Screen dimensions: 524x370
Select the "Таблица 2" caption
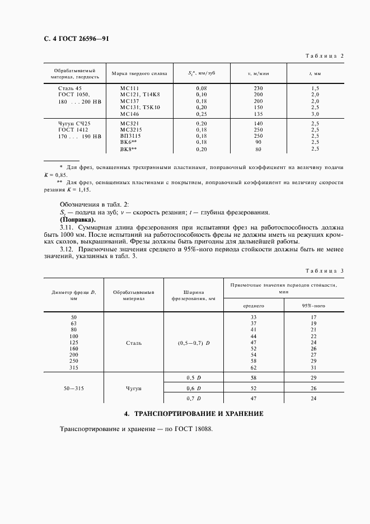coord(324,55)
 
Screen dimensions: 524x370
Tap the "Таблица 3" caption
coord(324,271)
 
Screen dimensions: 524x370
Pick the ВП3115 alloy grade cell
coord(131,136)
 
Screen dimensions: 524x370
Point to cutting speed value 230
coord(258,88)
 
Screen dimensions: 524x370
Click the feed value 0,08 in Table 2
coord(202,88)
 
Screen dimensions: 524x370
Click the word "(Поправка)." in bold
coord(78,220)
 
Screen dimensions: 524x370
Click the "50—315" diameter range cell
coord(74,387)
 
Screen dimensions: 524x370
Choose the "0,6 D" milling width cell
coord(194,387)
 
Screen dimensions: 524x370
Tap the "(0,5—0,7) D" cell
coord(194,342)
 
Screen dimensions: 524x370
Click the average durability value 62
coord(253,367)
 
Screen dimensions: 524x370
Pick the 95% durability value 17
coord(313,317)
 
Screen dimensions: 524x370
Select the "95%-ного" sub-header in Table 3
coord(313,306)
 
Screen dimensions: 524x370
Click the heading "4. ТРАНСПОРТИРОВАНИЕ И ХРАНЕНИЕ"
coord(193,414)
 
